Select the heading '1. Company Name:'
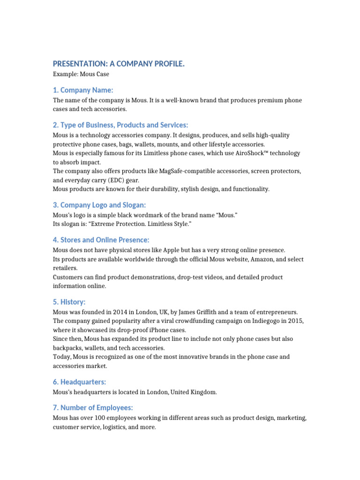[x=83, y=90]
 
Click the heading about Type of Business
[x=120, y=125]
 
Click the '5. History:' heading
[x=69, y=302]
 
